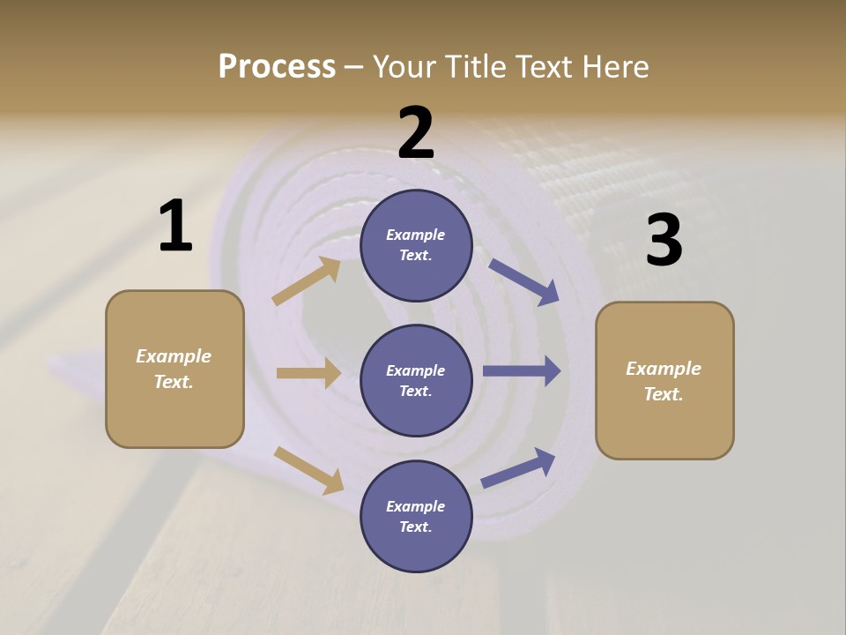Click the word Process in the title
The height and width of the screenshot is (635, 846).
[x=277, y=67]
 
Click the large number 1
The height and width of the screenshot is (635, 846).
[x=175, y=227]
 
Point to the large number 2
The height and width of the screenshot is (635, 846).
[x=416, y=133]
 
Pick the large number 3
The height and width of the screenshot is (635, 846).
[x=664, y=241]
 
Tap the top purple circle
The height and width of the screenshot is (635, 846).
[x=416, y=245]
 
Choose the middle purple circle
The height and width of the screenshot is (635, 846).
[x=416, y=381]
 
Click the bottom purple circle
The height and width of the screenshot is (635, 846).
[x=416, y=517]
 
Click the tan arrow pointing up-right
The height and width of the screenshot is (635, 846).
[x=307, y=281]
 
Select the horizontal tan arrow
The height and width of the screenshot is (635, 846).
[x=308, y=373]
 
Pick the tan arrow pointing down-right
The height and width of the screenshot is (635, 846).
[x=309, y=470]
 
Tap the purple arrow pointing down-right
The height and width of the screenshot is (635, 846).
[x=524, y=282]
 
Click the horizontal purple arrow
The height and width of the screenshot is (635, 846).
[x=522, y=370]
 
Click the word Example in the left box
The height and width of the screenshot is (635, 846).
[x=174, y=356]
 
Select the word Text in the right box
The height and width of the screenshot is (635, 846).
[x=663, y=394]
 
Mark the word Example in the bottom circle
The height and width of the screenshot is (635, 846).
[x=416, y=506]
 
